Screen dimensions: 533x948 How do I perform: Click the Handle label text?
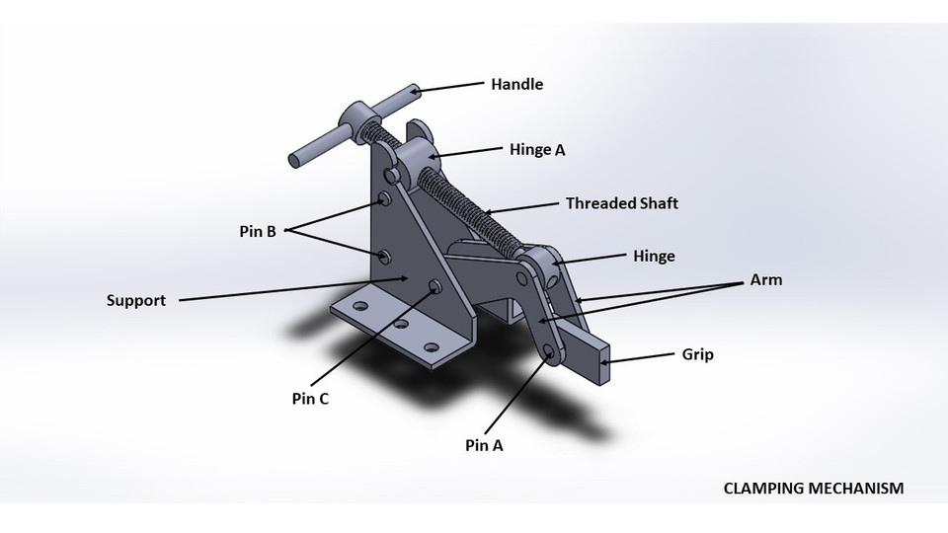click(516, 85)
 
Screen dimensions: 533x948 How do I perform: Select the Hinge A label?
click(537, 150)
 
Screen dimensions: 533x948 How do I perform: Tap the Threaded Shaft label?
click(621, 204)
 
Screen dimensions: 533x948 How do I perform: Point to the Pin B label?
click(256, 233)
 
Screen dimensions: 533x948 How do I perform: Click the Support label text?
click(136, 300)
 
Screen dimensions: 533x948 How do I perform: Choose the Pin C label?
click(310, 400)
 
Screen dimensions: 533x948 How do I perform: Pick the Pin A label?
click(484, 445)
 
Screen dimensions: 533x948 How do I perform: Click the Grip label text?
click(697, 354)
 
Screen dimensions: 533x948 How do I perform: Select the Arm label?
click(765, 280)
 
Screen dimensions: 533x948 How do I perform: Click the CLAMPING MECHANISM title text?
click(813, 489)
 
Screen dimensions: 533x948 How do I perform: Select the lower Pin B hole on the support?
click(385, 257)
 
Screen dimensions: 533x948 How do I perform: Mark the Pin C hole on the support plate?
click(434, 287)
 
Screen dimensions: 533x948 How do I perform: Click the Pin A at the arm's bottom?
click(550, 352)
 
